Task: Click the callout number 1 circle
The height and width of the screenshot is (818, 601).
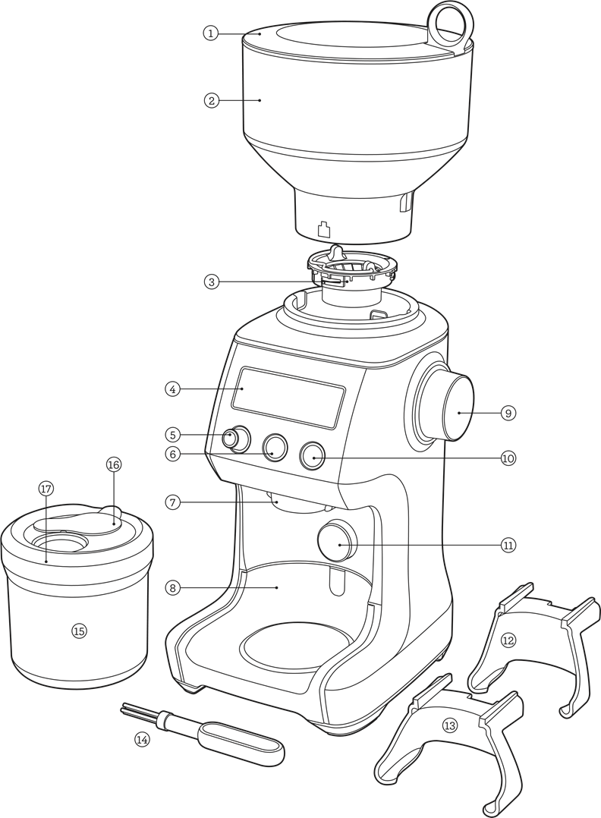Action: [210, 33]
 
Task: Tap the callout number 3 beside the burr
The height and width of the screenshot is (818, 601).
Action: [211, 282]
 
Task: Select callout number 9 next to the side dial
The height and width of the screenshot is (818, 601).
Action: [508, 413]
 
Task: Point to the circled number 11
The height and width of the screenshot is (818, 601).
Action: [508, 545]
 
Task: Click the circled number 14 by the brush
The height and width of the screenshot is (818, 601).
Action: [142, 738]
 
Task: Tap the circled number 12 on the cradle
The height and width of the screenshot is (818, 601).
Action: [508, 640]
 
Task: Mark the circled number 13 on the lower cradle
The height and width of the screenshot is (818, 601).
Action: [450, 726]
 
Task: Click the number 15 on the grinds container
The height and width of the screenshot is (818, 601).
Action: [79, 631]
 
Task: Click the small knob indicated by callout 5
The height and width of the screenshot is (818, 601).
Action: [237, 439]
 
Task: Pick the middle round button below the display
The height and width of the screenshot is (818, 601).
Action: [274, 448]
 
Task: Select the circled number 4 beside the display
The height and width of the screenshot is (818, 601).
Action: [173, 389]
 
